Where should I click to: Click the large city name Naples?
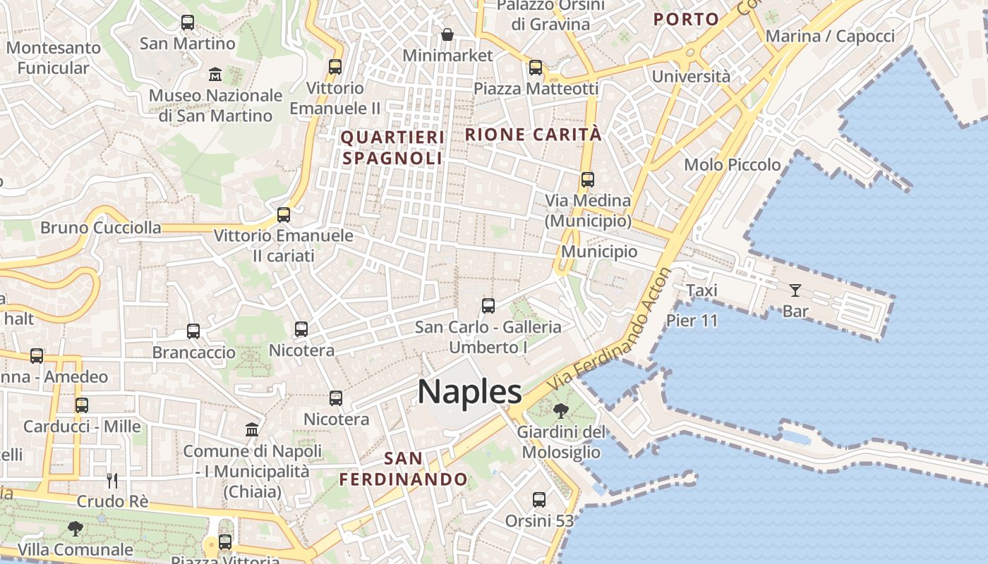(x=469, y=392)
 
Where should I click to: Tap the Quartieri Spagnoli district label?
(x=392, y=147)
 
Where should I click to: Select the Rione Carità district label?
(x=534, y=134)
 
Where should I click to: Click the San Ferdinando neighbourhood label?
(x=404, y=469)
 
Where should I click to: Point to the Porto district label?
(x=686, y=19)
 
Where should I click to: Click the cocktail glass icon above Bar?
(x=795, y=290)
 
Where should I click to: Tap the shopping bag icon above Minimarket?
(x=447, y=34)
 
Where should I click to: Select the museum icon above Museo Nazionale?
(x=215, y=74)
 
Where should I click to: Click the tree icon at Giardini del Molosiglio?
(x=561, y=410)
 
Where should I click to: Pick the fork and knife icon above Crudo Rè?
(x=112, y=480)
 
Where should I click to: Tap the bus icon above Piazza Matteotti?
(x=536, y=68)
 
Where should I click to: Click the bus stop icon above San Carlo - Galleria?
(x=488, y=306)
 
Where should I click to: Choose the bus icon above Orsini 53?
(x=539, y=500)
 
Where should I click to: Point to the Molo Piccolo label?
(x=733, y=165)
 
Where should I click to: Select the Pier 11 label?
(x=692, y=321)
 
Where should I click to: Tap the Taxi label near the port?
(x=701, y=290)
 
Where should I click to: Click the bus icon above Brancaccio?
(x=193, y=331)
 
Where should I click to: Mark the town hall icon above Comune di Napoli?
(x=251, y=429)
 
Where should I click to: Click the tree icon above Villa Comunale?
(x=75, y=528)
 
